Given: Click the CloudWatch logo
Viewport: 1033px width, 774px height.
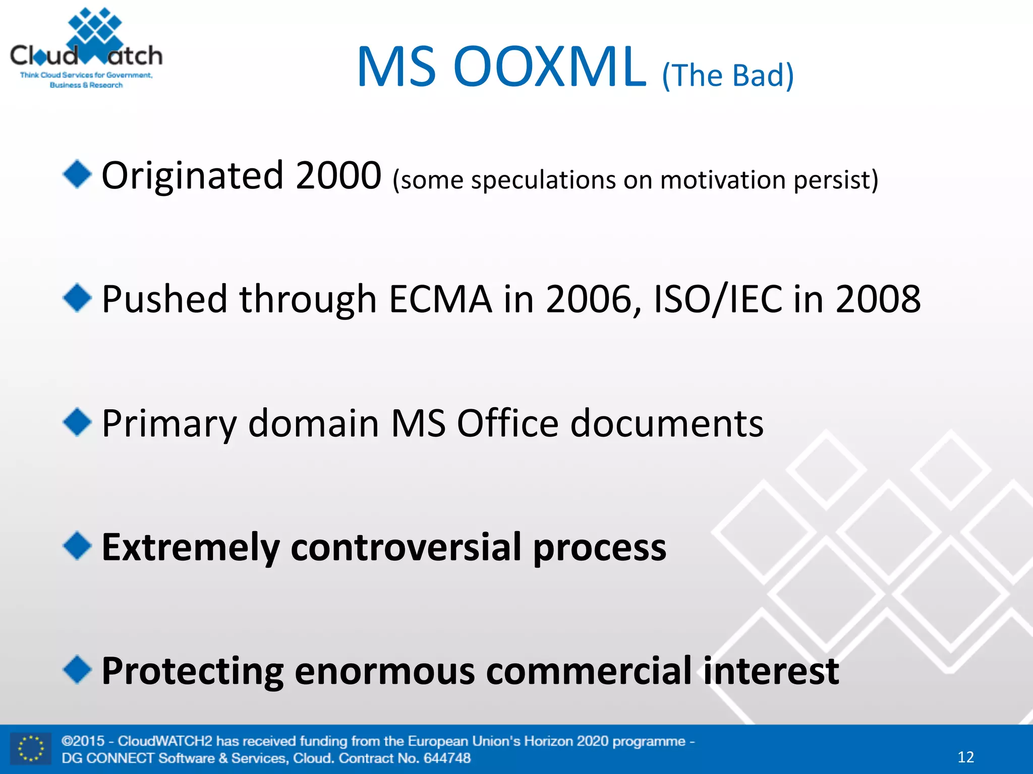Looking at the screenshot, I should click(86, 48).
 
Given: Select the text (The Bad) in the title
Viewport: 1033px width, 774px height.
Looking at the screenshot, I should click(728, 76).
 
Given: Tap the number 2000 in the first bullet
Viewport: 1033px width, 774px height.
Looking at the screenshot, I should click(338, 175).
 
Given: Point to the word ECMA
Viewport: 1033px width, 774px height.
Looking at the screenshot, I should click(440, 299).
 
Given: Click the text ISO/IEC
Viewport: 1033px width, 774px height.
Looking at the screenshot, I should click(718, 299).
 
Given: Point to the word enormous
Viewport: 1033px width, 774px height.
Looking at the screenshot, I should click(384, 671).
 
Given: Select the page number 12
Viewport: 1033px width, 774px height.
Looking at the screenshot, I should click(965, 757).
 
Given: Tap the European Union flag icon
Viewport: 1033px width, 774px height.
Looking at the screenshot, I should click(31, 749).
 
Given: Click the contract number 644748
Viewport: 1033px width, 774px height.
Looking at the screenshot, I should click(446, 758).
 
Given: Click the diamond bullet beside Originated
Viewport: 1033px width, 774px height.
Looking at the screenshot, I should click(77, 174).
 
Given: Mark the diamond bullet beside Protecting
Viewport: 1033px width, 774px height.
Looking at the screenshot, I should click(77, 670).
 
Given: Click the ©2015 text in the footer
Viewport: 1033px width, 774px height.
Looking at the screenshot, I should click(83, 741).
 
